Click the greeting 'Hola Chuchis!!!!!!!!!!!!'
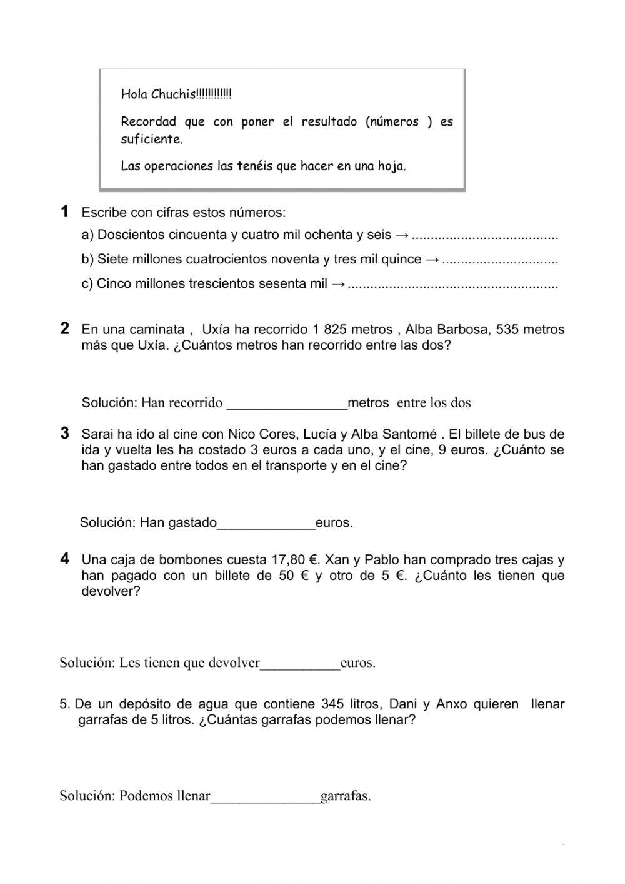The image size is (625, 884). pyautogui.click(x=176, y=94)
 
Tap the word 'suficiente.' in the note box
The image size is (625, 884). pyautogui.click(x=152, y=139)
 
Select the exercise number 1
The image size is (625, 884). pyautogui.click(x=64, y=211)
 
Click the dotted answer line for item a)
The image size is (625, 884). pyautogui.click(x=485, y=236)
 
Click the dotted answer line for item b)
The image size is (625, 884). pyautogui.click(x=499, y=260)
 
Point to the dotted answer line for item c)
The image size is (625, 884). pyautogui.click(x=452, y=284)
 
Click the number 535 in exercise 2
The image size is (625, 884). pyautogui.click(x=507, y=329)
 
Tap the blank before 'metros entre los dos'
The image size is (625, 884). pyautogui.click(x=286, y=404)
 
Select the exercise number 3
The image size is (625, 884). pyautogui.click(x=64, y=433)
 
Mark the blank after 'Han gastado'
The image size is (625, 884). pyautogui.click(x=266, y=524)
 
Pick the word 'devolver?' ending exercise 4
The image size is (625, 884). pyautogui.click(x=111, y=591)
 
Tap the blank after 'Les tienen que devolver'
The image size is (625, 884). pyautogui.click(x=300, y=664)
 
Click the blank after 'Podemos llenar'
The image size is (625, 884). pyautogui.click(x=265, y=797)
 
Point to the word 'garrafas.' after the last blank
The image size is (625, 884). pyautogui.click(x=346, y=796)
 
